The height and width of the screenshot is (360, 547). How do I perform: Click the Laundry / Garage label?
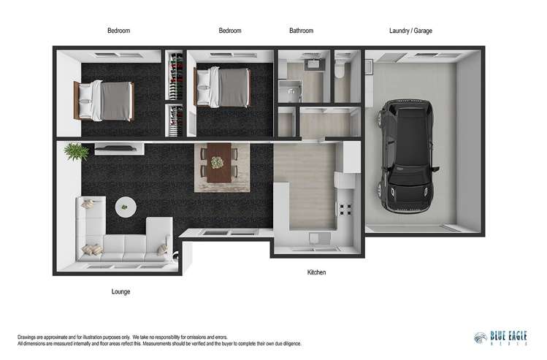[x=410, y=31]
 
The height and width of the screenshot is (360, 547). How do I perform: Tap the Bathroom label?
[x=301, y=31]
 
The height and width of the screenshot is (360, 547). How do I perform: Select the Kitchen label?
[x=316, y=272]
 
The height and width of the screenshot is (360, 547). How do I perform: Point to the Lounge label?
[x=121, y=291]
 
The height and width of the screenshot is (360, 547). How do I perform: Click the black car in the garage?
[x=407, y=156]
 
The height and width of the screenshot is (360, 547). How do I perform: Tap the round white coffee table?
[x=126, y=207]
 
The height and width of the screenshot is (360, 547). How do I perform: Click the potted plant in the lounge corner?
[x=76, y=152]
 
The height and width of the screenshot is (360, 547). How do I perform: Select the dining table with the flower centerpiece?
[x=219, y=163]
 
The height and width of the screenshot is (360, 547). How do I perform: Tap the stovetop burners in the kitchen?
[x=345, y=210]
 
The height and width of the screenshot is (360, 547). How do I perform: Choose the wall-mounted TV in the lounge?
[x=115, y=148]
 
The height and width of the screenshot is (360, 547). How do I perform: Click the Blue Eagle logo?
[x=500, y=337]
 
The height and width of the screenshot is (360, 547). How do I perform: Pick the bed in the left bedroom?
[x=104, y=102]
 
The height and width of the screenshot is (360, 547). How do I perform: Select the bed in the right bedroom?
[x=222, y=87]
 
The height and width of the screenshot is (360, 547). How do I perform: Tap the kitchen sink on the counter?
[x=319, y=239]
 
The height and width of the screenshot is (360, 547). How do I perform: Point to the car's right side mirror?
[x=436, y=169]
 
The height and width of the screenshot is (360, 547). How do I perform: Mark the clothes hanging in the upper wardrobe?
[x=175, y=76]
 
